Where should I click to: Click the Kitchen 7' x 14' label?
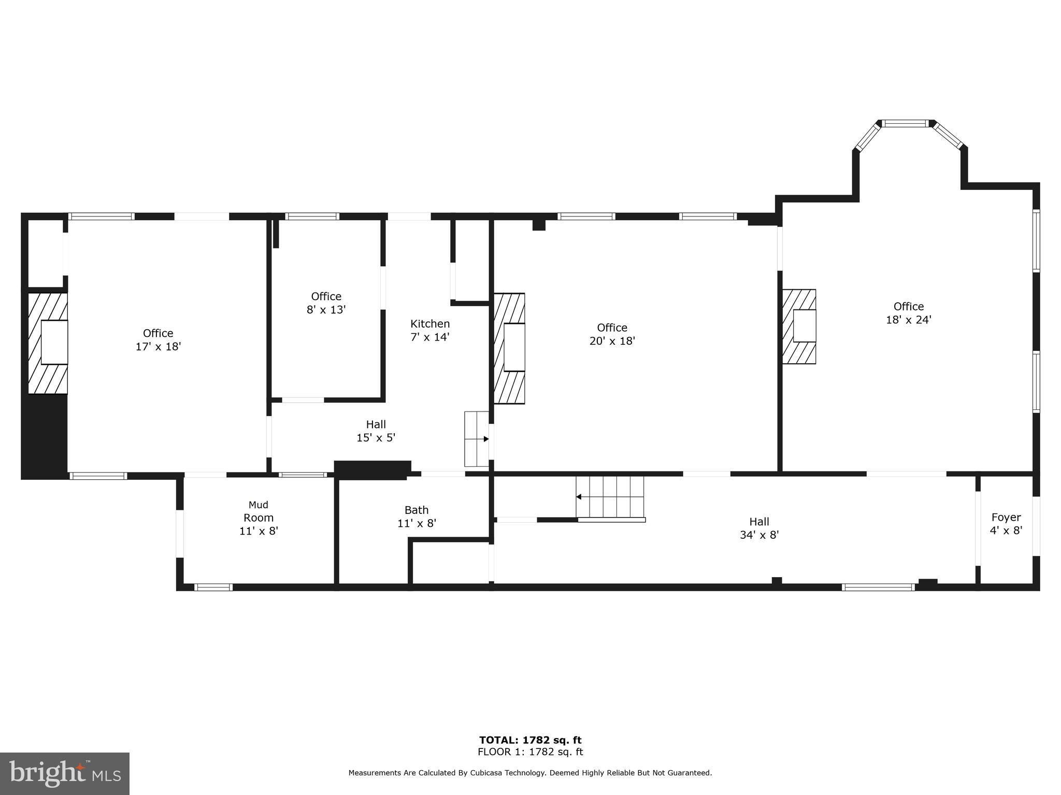[430, 330]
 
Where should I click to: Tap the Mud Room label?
[259, 511]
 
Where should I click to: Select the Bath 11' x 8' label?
[417, 517]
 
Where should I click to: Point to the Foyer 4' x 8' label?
[1006, 524]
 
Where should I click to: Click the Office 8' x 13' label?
[326, 303]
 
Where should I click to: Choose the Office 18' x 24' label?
[909, 313]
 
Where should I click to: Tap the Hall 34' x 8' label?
[759, 528]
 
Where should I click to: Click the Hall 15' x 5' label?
[376, 431]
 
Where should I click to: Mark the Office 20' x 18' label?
[612, 334]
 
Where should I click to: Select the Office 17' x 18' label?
[158, 340]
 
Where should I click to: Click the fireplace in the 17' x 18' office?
[48, 343]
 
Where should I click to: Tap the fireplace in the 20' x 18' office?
[509, 348]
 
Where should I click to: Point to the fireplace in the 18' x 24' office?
[799, 326]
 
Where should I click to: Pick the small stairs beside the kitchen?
[477, 439]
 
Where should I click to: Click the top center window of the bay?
[906, 123]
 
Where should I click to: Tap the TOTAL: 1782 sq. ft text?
[530, 740]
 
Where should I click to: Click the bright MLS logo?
[65, 774]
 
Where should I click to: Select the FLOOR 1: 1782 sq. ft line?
[530, 752]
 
